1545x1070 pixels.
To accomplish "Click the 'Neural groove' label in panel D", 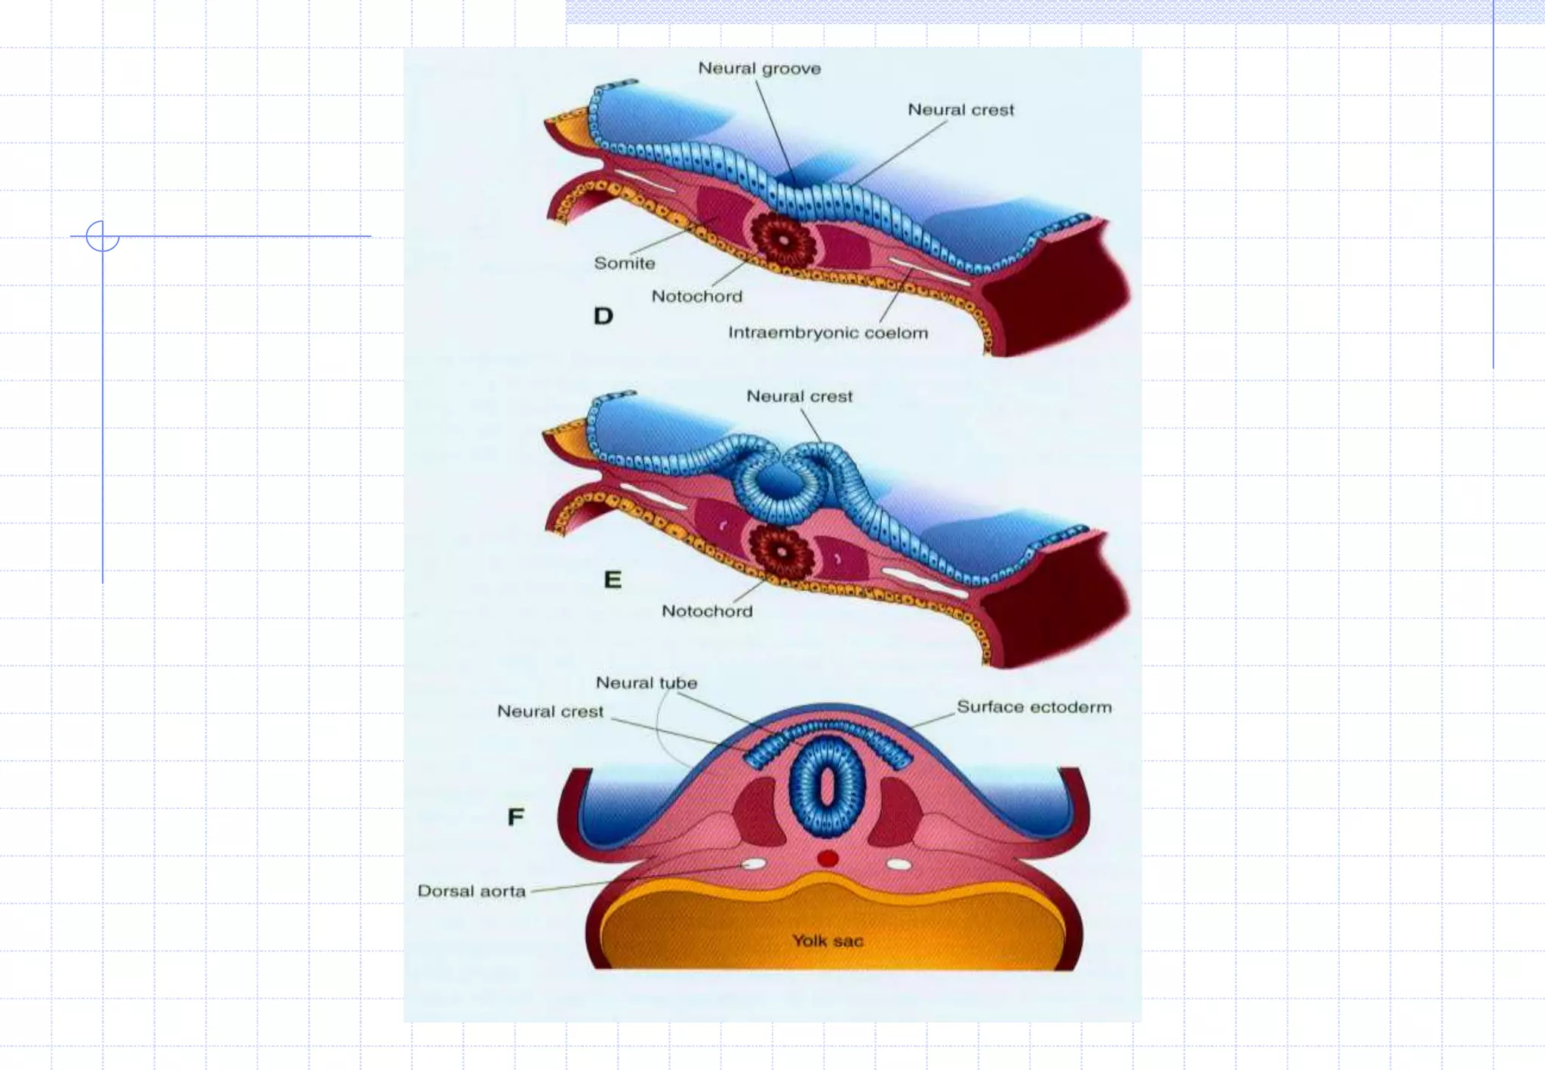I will click(x=759, y=69).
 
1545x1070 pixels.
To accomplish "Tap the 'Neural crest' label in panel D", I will click(x=960, y=110).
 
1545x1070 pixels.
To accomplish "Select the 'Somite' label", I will click(x=624, y=263).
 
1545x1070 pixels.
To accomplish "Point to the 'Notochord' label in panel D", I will click(x=696, y=297).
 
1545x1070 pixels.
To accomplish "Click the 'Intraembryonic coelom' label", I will click(x=828, y=333).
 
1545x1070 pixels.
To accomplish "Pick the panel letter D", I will click(x=603, y=316).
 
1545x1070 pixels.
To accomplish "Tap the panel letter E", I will click(x=613, y=580).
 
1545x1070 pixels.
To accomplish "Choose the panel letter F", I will click(x=516, y=816).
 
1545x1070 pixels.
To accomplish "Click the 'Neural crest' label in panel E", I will click(x=799, y=397).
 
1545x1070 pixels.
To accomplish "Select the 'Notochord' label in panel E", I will click(x=707, y=611).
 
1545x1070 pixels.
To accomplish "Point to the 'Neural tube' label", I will click(x=647, y=683).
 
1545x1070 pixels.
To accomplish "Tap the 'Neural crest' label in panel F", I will click(x=550, y=712).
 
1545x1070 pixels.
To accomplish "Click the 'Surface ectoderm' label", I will click(x=1034, y=707).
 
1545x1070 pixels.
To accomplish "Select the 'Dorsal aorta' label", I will click(x=471, y=891).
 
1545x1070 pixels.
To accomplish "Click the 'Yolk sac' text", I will click(x=828, y=941).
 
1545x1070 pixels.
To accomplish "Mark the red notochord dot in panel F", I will click(x=828, y=859).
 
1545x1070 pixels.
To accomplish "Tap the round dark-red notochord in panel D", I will click(x=784, y=241).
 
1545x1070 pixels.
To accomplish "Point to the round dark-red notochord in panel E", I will click(x=782, y=552).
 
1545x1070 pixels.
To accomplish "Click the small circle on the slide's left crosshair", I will click(x=103, y=236).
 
